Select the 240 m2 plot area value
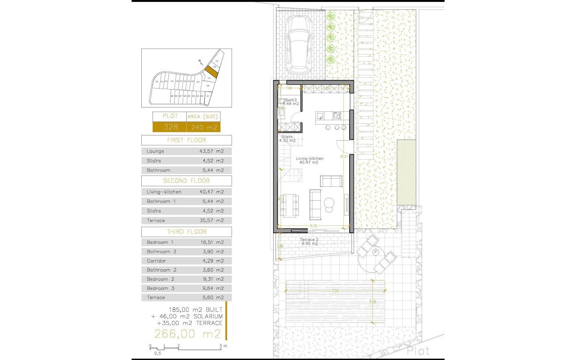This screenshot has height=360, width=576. point(203,127)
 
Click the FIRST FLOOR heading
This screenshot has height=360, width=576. point(186,140)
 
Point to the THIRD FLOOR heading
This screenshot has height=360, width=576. point(186,232)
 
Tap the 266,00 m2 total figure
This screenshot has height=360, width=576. point(188,334)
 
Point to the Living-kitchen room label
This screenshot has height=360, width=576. point(310,158)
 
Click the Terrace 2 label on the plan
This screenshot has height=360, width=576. point(309,240)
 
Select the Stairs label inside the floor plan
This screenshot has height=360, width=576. point(287,136)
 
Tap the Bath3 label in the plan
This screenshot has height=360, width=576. point(291,100)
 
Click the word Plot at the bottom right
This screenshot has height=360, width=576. point(418,351)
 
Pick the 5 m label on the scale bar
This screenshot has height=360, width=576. point(223,346)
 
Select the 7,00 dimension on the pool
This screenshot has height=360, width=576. point(335,291)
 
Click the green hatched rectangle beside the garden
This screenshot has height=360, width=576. point(406,171)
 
